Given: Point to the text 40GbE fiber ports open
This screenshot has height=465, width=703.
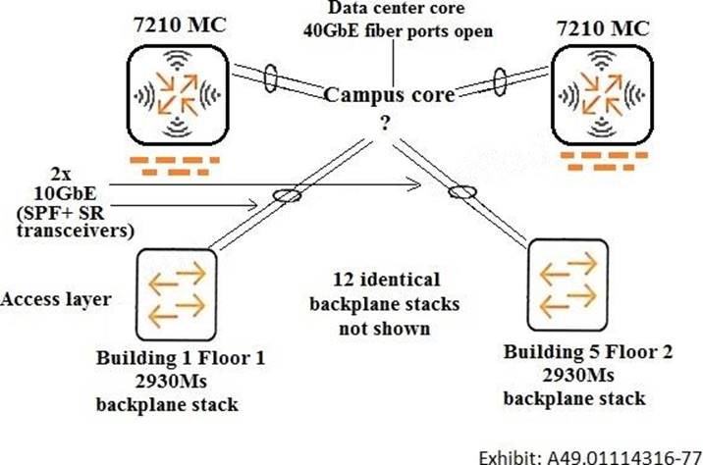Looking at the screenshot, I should [397, 31].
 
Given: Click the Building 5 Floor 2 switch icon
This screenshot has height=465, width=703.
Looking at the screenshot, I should [568, 278].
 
